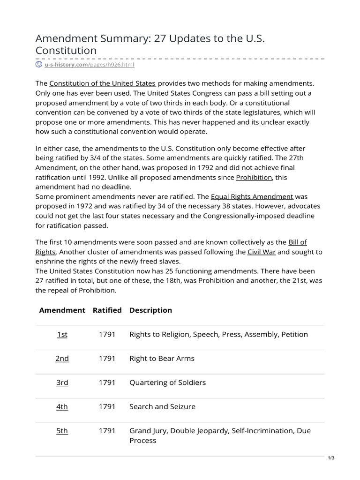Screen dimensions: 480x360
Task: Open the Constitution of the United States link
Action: coord(102,83)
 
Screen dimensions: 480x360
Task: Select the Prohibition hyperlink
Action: coord(254,177)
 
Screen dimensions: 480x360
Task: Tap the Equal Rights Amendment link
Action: coord(252,196)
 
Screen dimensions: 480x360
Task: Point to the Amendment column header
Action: coord(62,310)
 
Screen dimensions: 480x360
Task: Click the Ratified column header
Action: coord(107,310)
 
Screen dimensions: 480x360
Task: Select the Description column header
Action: coord(150,310)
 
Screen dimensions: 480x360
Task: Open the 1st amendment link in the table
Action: coord(62,334)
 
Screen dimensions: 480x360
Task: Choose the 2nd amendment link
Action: coord(62,359)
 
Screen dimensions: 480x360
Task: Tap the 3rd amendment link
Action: coord(62,382)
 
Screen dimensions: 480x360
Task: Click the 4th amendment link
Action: coord(62,407)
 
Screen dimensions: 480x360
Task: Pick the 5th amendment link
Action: coord(62,431)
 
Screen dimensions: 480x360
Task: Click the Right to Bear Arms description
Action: coord(162,359)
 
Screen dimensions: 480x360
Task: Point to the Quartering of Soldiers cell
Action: coord(167,382)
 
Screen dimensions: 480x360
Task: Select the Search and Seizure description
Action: coord(162,407)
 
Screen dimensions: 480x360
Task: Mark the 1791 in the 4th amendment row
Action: coord(107,407)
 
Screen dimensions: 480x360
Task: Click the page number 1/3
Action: coord(331,458)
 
